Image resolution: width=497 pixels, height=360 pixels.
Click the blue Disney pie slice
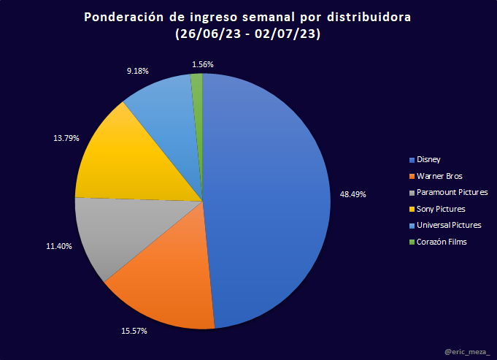click(270, 197)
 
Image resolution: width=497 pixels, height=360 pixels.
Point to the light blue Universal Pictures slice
click(164, 110)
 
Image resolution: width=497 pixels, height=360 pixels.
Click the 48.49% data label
click(352, 194)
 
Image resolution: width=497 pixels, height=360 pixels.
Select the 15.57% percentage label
click(134, 331)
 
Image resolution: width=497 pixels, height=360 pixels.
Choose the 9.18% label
click(137, 71)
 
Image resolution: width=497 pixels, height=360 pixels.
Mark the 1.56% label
click(202, 64)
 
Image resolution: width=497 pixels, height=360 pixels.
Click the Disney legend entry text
click(428, 159)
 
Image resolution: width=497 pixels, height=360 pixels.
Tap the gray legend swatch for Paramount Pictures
click(412, 193)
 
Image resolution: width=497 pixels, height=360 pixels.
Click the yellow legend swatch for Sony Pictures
click(412, 209)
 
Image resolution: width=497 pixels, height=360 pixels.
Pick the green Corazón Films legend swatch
click(412, 242)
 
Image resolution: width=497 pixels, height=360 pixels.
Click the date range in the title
click(248, 34)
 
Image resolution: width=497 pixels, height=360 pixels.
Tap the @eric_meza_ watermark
click(467, 353)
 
